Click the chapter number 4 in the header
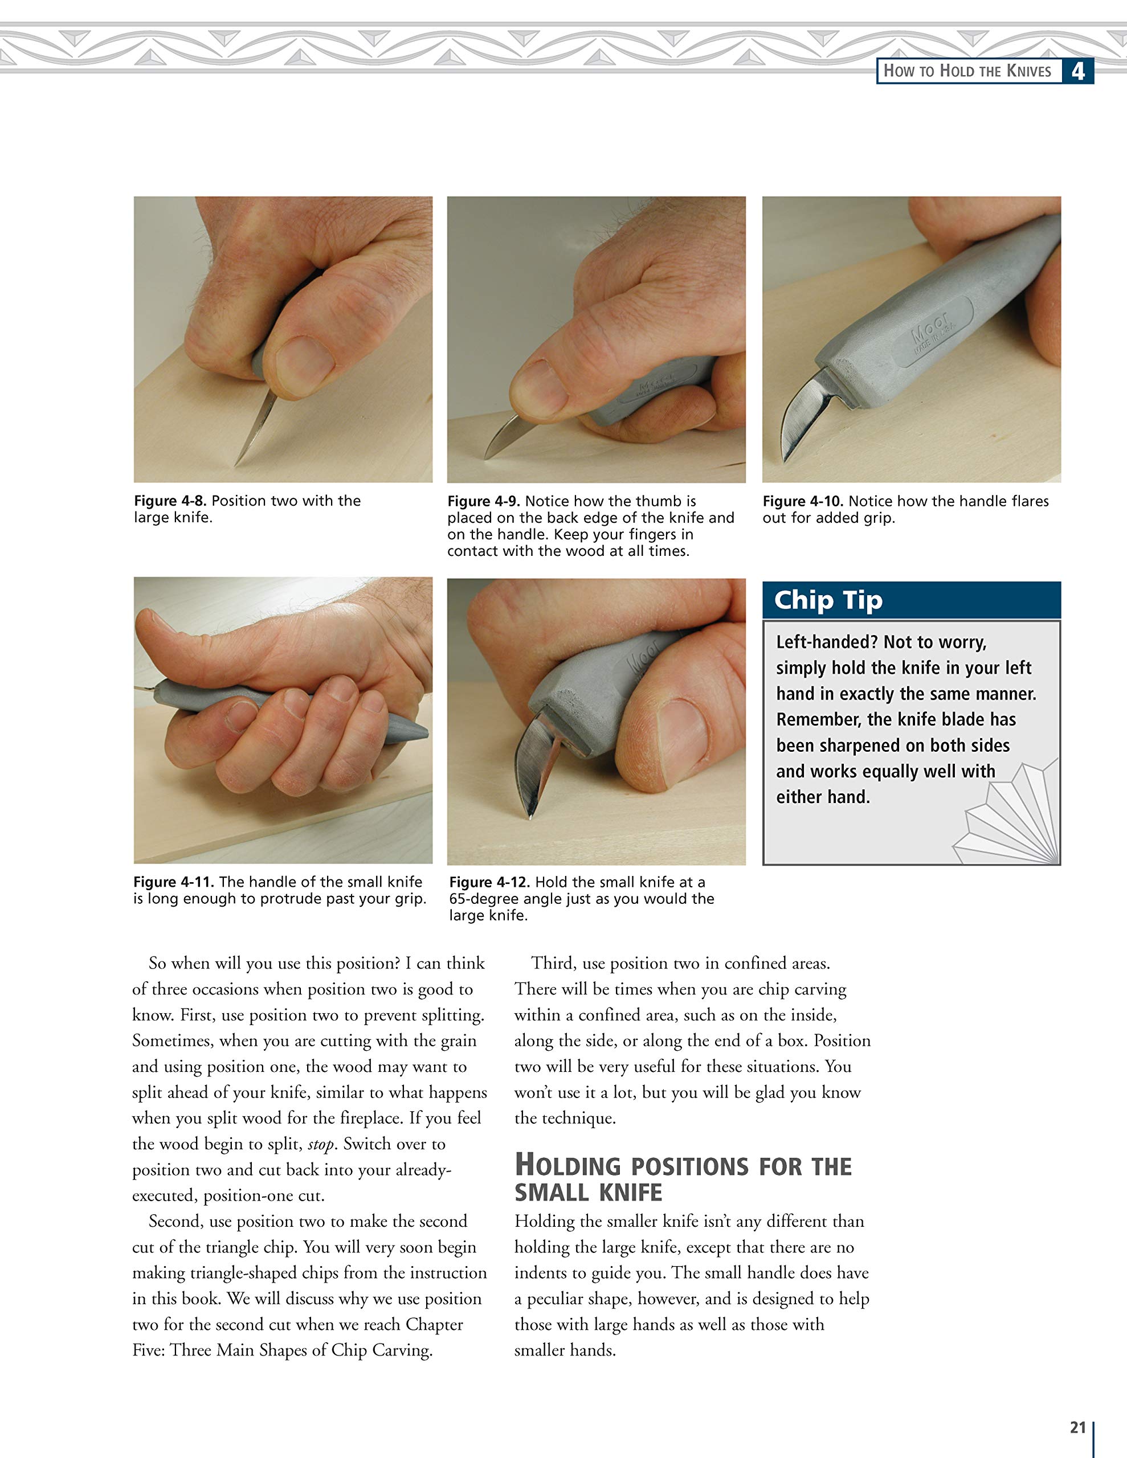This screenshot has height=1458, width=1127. pos(1077,71)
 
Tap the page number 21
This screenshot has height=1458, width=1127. pos(1077,1427)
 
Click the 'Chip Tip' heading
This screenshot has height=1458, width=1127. pos(828,600)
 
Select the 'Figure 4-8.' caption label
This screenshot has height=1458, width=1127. pos(170,501)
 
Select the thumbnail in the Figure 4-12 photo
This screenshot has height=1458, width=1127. pos(683,734)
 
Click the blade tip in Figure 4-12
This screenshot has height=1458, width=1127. pos(530,815)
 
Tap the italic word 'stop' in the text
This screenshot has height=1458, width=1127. pos(321,1144)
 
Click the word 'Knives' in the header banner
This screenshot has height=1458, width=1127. pos(1029,71)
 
